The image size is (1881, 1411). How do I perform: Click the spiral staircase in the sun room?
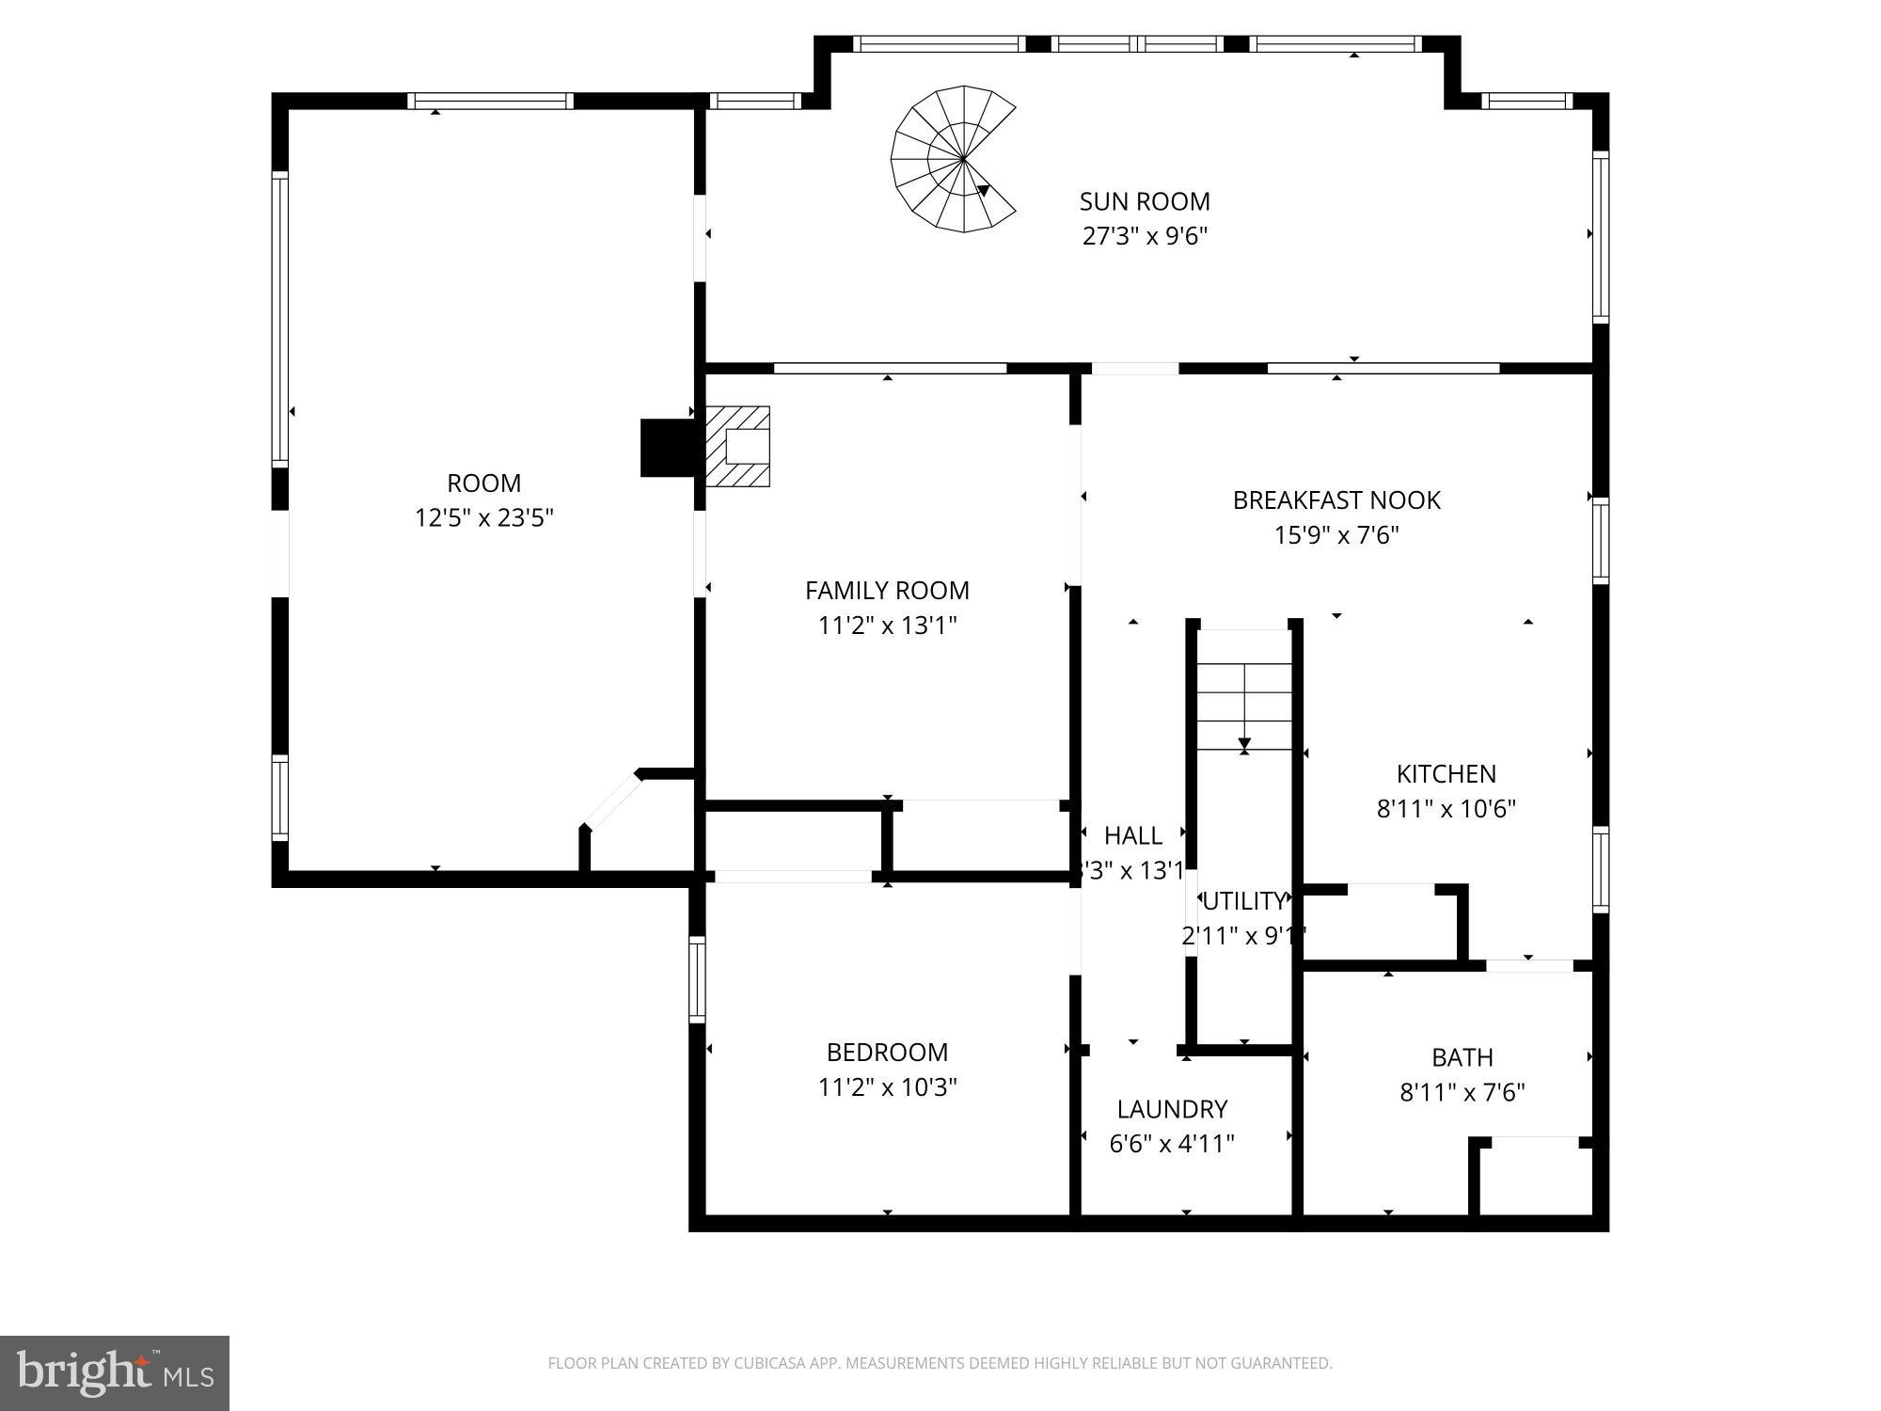[x=952, y=159]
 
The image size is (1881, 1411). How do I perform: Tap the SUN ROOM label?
[x=1145, y=201]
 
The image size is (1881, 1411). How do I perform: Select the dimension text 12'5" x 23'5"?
[x=483, y=518]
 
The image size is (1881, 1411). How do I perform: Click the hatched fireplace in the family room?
[x=738, y=446]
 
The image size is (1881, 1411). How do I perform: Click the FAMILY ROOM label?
[x=887, y=591]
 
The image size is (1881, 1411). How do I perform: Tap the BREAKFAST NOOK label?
[x=1336, y=500]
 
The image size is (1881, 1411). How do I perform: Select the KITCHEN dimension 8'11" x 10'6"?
[x=1446, y=809]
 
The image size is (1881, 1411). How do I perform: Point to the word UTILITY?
[x=1243, y=901]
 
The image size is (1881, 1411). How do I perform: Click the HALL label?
[x=1132, y=835]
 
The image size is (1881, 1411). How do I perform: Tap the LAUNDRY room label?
[x=1172, y=1109]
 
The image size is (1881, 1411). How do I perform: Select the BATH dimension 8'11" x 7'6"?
[x=1462, y=1093]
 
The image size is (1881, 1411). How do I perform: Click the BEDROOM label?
[x=887, y=1052]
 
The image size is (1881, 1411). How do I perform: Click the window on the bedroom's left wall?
[x=697, y=979]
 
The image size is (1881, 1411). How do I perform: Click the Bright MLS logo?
[x=114, y=1372]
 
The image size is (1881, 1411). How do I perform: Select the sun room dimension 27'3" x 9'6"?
[x=1145, y=236]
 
